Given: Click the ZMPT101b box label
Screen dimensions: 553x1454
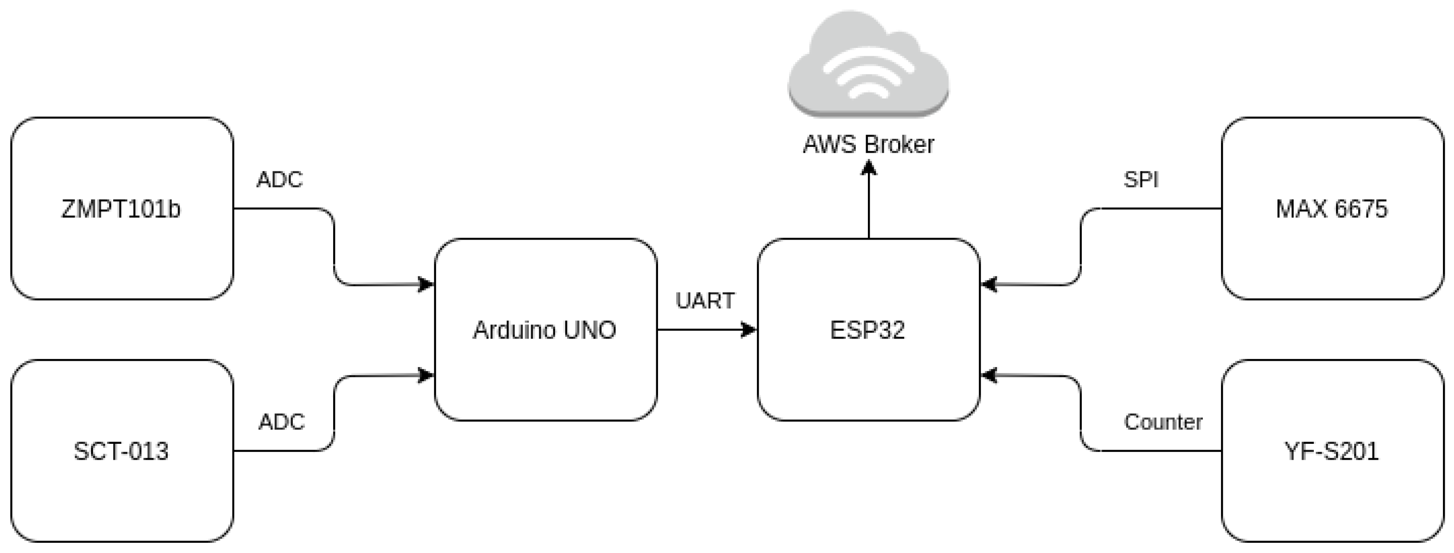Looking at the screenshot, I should pyautogui.click(x=121, y=209).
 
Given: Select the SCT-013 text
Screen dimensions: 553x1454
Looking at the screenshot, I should pyautogui.click(x=121, y=451).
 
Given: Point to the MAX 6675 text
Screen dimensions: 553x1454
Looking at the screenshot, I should pyautogui.click(x=1331, y=209).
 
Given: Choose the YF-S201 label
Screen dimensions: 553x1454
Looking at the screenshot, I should pyautogui.click(x=1331, y=451).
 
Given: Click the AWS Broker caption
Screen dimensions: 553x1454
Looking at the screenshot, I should pyautogui.click(x=868, y=145).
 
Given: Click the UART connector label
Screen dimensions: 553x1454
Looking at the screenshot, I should pyautogui.click(x=705, y=301).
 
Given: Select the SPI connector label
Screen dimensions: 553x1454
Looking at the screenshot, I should pyautogui.click(x=1141, y=180).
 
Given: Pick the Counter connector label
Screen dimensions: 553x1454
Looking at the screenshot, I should pyautogui.click(x=1163, y=423).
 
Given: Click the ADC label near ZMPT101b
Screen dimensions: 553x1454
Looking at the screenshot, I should pyautogui.click(x=280, y=180).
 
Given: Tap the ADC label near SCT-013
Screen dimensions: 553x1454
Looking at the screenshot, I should pyautogui.click(x=281, y=422).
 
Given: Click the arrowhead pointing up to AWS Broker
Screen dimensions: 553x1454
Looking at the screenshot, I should pyautogui.click(x=869, y=168).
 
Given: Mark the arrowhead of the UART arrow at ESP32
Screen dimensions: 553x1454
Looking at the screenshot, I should pyautogui.click(x=749, y=330).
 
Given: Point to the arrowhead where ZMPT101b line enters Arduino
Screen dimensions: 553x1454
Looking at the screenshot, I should pyautogui.click(x=426, y=284).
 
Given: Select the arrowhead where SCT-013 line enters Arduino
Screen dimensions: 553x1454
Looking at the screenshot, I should pyautogui.click(x=426, y=375).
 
